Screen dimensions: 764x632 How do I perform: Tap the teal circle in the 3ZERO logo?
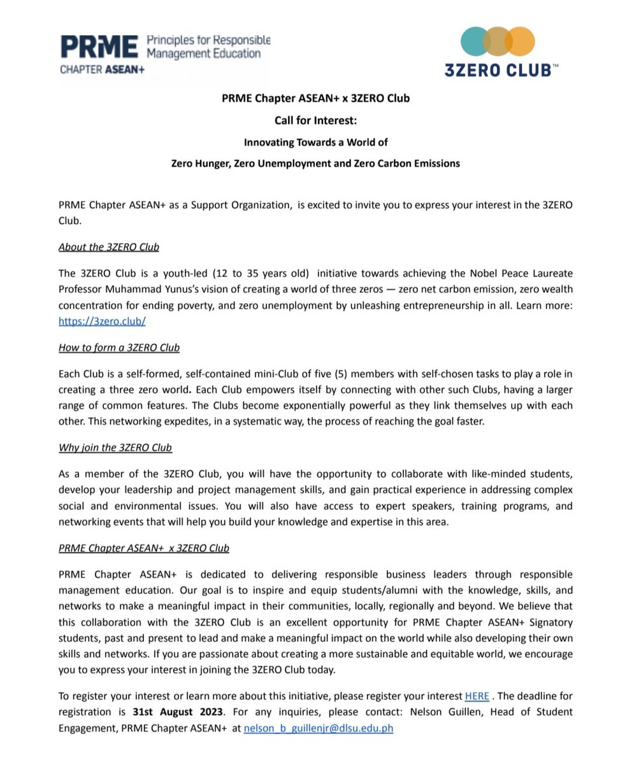(473, 41)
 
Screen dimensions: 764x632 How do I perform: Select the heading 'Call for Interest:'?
(315, 120)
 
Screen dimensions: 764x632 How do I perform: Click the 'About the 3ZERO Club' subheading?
(109, 247)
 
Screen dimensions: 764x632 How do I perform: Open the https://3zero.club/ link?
(102, 321)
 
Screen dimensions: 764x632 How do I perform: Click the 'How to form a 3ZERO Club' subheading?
(119, 348)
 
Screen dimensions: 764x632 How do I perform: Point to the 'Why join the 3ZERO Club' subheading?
(115, 448)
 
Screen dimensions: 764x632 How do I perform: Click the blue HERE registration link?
(477, 696)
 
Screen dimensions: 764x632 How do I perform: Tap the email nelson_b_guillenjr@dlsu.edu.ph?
(318, 728)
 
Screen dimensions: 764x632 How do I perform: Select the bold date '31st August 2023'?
(178, 712)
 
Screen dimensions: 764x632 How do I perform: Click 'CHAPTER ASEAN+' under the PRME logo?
(102, 69)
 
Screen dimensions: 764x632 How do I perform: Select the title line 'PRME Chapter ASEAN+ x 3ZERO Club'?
(315, 99)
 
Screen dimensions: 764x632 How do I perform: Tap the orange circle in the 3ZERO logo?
(521, 41)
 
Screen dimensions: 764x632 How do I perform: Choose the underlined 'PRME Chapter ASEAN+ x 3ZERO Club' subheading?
(144, 548)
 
